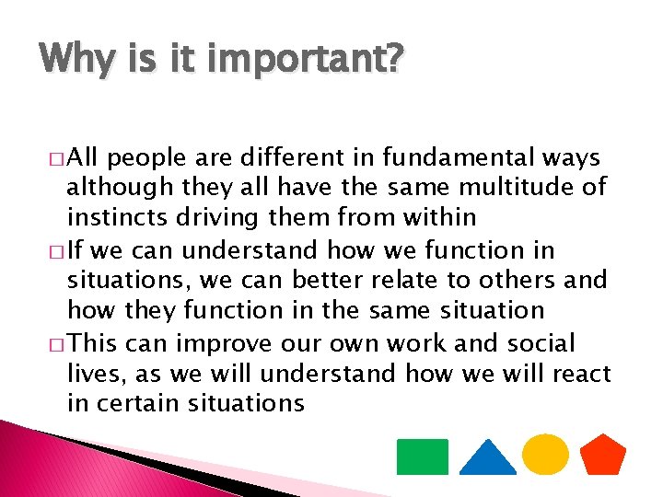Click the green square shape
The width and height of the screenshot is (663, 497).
click(x=422, y=457)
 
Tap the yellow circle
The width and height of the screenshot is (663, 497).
click(x=545, y=454)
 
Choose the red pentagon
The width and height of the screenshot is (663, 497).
click(x=603, y=455)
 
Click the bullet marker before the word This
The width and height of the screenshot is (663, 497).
click(x=60, y=345)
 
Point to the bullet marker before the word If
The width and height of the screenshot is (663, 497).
click(x=60, y=251)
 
